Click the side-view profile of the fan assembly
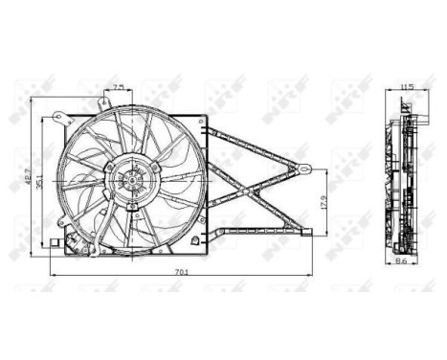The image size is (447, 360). (x=405, y=177)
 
